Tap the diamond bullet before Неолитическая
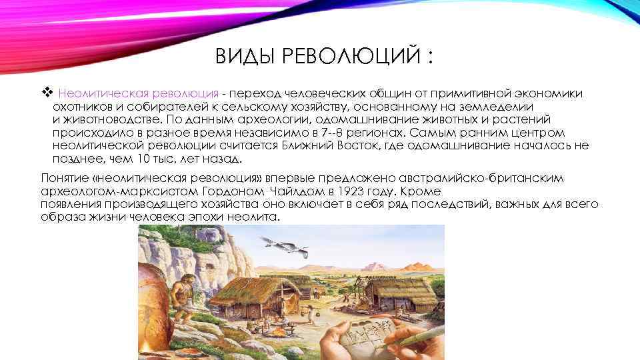click(x=46, y=93)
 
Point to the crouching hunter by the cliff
click(x=179, y=293)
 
